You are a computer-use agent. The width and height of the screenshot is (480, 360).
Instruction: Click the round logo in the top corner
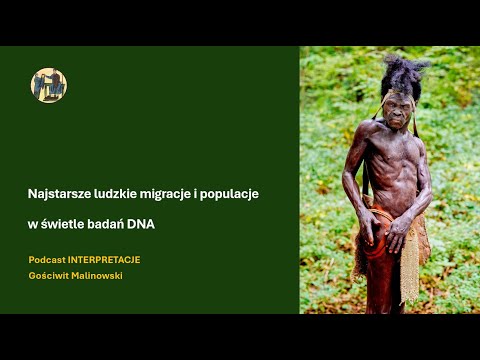pos(49,85)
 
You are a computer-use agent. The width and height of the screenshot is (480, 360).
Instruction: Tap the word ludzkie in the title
pos(118,194)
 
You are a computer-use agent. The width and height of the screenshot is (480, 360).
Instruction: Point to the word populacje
pos(231,194)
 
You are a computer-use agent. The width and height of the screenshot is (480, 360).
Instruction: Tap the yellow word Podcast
pos(47,260)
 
